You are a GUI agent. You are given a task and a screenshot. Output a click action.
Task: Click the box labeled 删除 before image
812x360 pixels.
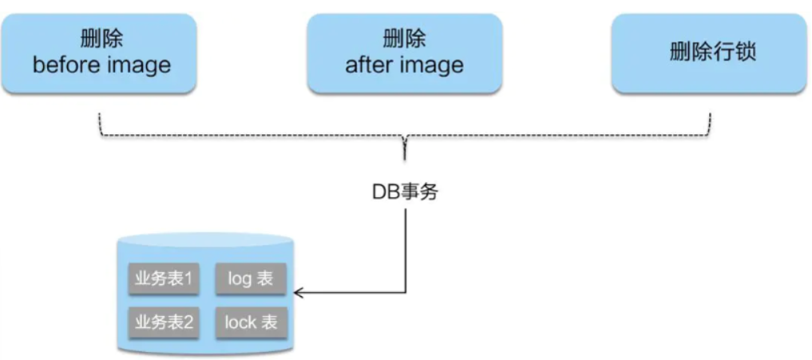click(x=101, y=53)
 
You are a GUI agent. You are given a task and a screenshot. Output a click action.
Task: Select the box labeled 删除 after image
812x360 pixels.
click(x=404, y=53)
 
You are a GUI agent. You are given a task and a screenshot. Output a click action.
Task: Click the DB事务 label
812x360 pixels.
click(x=405, y=192)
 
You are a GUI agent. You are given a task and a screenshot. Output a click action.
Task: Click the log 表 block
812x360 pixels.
click(x=251, y=279)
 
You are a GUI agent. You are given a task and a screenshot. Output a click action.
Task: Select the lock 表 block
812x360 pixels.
click(x=251, y=322)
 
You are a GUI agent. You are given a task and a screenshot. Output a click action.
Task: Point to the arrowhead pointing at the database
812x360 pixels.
click(x=299, y=293)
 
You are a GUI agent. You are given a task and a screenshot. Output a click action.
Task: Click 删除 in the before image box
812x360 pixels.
click(x=101, y=39)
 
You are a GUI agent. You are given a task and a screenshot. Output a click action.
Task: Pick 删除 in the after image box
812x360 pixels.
click(x=404, y=39)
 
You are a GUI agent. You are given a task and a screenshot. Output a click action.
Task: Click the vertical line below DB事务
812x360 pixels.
click(x=405, y=247)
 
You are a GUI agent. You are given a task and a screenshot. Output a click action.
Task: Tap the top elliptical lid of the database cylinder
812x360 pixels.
click(x=205, y=239)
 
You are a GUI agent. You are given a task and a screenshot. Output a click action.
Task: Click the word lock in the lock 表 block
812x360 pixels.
click(x=240, y=322)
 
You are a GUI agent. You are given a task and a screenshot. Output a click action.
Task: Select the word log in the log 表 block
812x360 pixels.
click(x=240, y=279)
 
